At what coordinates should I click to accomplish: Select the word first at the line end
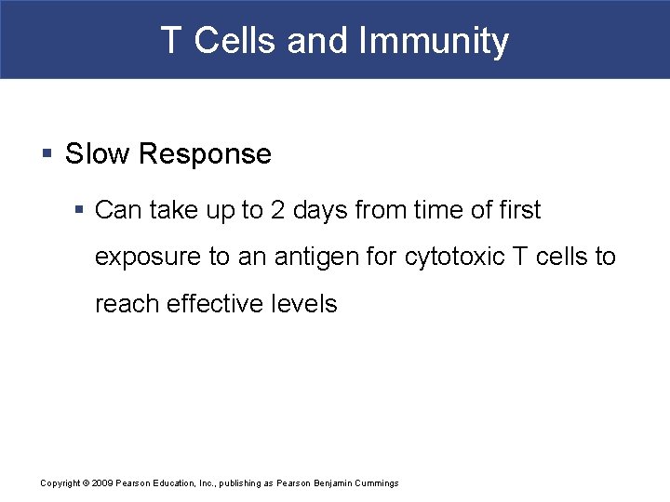tap(518, 210)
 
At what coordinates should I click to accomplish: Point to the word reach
tap(127, 303)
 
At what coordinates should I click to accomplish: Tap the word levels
tap(306, 303)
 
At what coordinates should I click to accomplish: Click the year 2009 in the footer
tap(101, 483)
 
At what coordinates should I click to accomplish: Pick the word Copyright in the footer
tap(61, 483)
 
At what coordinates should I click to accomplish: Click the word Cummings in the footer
tap(377, 483)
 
